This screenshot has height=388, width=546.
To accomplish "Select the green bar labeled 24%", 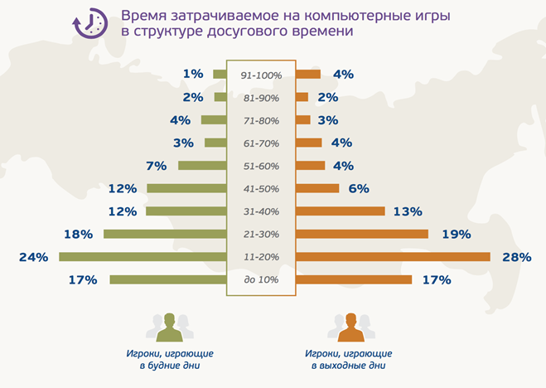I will click(143, 257).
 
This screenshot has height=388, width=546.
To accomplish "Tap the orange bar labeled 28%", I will click(393, 257).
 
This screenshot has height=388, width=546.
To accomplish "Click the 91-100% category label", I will click(261, 75).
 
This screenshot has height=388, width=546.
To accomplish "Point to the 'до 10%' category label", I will click(261, 279).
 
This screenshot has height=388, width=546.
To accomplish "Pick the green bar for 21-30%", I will click(165, 234).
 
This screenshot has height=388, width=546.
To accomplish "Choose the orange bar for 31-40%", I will click(340, 211).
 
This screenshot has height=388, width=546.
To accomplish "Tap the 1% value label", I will click(193, 74).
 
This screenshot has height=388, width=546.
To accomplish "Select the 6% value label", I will click(358, 188).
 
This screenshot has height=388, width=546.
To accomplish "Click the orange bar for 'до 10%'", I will click(354, 279).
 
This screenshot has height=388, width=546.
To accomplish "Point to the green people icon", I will click(170, 327).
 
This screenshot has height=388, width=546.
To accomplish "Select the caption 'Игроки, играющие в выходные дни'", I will click(349, 358).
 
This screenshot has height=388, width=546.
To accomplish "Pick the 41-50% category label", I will click(261, 188).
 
